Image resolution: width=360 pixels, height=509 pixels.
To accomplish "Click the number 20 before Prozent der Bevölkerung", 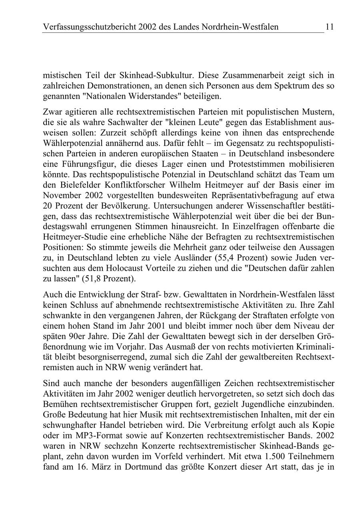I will [x=48, y=206].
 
